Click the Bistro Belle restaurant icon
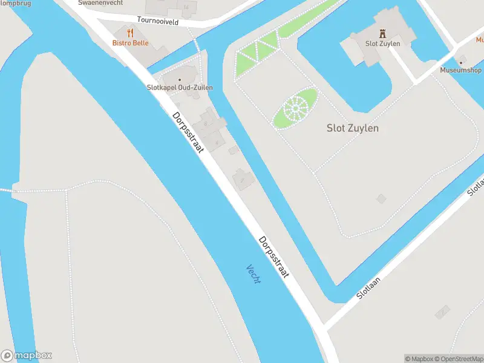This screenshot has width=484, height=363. click(130, 33)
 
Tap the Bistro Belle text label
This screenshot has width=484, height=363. click(130, 43)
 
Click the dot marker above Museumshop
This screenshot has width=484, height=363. click(460, 62)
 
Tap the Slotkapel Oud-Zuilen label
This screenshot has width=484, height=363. click(180, 88)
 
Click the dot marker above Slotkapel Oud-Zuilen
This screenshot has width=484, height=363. click(179, 79)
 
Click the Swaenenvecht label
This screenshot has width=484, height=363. click(100, 3)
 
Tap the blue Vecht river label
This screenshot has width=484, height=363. click(253, 275)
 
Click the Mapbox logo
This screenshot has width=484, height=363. click(27, 356)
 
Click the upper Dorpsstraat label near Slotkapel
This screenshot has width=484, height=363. click(187, 132)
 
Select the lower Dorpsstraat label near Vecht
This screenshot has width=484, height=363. click(274, 257)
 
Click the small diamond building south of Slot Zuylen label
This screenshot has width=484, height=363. click(381, 198)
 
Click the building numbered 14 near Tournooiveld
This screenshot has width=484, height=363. click(185, 8)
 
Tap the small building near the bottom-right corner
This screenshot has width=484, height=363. click(443, 312)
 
